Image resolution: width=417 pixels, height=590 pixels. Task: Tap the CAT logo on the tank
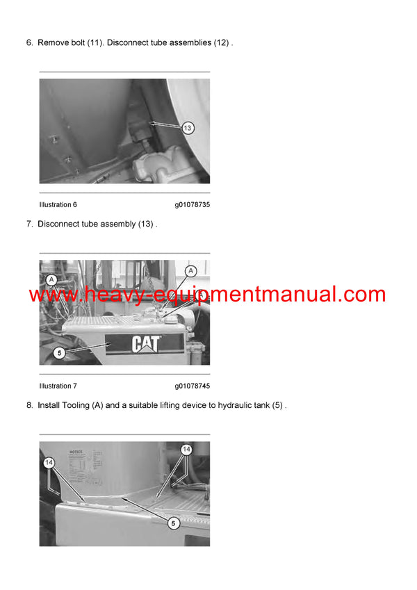tap(147, 343)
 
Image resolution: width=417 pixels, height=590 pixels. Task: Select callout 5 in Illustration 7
tap(60, 352)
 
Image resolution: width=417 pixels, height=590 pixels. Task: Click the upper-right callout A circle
tap(191, 271)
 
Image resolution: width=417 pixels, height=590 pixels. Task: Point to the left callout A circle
tap(51, 279)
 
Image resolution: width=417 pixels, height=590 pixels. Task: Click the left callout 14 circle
tap(49, 461)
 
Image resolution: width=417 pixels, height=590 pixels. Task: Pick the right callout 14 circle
tap(186, 450)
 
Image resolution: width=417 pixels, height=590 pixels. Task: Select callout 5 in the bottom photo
tap(174, 523)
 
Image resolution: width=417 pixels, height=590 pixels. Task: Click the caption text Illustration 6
tap(58, 205)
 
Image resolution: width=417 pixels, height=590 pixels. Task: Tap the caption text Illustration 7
tap(58, 386)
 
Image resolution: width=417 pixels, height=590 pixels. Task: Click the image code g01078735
tap(192, 205)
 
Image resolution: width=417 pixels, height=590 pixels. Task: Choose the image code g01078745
tap(192, 386)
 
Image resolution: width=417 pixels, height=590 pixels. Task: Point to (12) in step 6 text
tap(220, 43)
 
